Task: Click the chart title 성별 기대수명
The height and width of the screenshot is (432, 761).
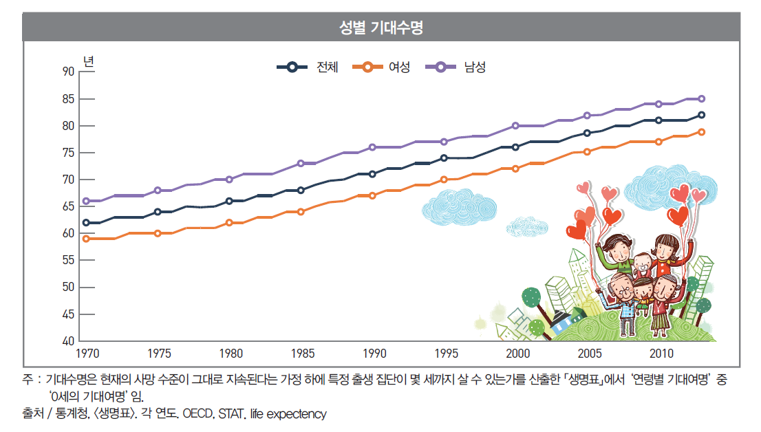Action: (x=380, y=28)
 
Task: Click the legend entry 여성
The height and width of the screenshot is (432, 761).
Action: (x=399, y=67)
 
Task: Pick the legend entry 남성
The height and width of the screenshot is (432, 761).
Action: (x=475, y=67)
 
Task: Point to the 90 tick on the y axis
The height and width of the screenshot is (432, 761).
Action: (x=67, y=71)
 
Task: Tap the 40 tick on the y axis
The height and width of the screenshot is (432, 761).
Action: (x=67, y=341)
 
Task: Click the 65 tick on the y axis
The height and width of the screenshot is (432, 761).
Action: (x=67, y=206)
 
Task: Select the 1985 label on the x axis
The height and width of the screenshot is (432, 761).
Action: (x=303, y=354)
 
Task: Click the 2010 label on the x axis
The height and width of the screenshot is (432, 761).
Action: (x=661, y=354)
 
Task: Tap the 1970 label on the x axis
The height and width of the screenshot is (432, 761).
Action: (x=87, y=354)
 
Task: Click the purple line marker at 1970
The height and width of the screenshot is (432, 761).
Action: (x=86, y=201)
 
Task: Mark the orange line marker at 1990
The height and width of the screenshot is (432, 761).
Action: (x=372, y=195)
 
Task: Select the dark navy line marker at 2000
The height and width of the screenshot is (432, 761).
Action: (x=515, y=147)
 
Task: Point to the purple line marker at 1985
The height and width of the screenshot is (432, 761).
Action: (x=301, y=163)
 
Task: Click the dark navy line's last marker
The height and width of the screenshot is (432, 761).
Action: (x=701, y=115)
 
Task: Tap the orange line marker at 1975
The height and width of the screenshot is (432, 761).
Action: (x=158, y=233)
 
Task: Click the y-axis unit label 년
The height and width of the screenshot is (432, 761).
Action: (x=88, y=60)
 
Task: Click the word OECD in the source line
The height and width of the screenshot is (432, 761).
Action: (x=200, y=414)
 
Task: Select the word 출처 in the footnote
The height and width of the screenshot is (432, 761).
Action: (x=32, y=414)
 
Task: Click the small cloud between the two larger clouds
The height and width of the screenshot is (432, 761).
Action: (x=527, y=226)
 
